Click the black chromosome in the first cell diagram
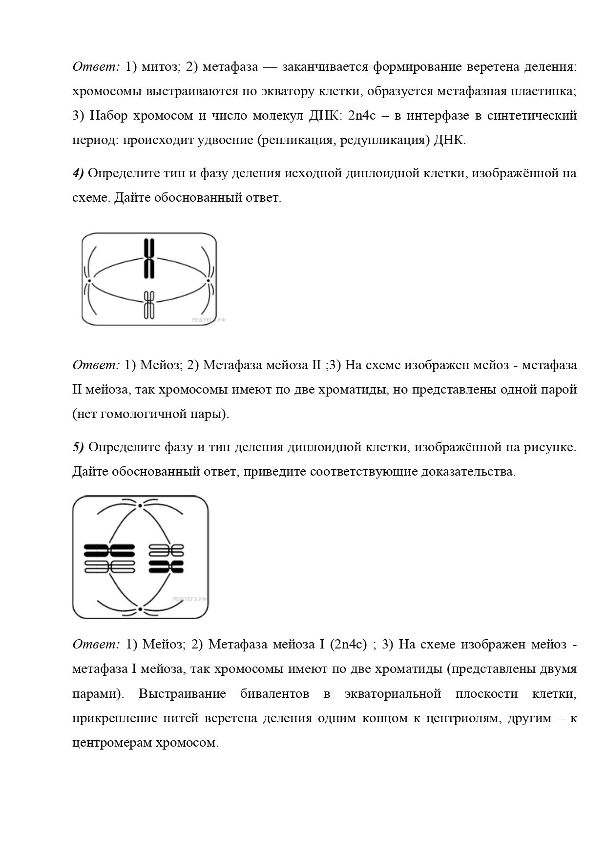click(x=149, y=259)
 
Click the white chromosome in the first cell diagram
click(x=149, y=305)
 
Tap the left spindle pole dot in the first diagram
click(x=89, y=280)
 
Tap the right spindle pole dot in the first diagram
click(x=208, y=280)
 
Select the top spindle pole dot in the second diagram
click(x=140, y=505)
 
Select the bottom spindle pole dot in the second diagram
click(x=140, y=609)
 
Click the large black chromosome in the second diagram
click(x=109, y=550)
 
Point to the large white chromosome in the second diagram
click(x=109, y=566)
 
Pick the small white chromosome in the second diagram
click(x=166, y=550)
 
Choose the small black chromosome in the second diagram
click(x=166, y=566)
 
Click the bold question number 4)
click(x=78, y=173)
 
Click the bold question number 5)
click(x=78, y=447)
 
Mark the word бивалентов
click(x=274, y=694)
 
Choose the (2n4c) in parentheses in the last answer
click(x=348, y=645)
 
